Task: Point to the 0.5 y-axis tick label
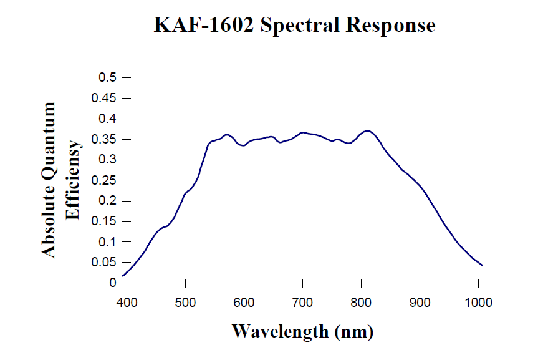[x=108, y=78]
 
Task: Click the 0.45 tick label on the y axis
[x=105, y=98]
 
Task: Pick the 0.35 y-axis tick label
[x=105, y=139]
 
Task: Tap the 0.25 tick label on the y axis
[x=105, y=180]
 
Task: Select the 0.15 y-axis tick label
[x=105, y=221]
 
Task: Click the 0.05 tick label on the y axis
[x=105, y=263]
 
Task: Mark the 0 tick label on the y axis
[x=113, y=283]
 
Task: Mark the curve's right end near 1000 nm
[x=483, y=266]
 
